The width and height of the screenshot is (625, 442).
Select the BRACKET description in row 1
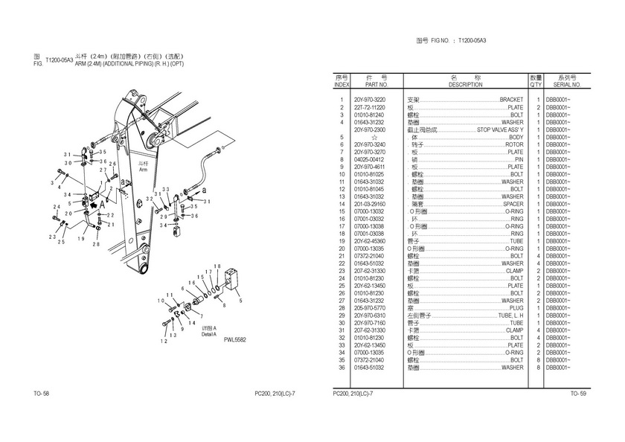click(x=511, y=100)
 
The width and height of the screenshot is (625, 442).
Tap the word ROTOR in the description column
click(x=514, y=144)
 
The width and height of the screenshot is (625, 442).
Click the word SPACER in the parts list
click(x=513, y=204)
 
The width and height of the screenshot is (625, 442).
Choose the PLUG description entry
click(x=516, y=308)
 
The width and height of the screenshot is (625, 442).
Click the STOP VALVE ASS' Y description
click(x=500, y=129)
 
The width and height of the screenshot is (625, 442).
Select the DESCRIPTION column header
click(x=466, y=85)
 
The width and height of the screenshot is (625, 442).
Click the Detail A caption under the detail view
click(x=208, y=334)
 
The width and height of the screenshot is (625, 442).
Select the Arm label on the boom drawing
click(x=144, y=170)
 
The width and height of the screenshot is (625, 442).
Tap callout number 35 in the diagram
click(x=103, y=152)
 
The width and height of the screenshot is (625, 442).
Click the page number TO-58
click(x=41, y=393)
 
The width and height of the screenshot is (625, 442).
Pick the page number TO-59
click(x=578, y=393)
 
